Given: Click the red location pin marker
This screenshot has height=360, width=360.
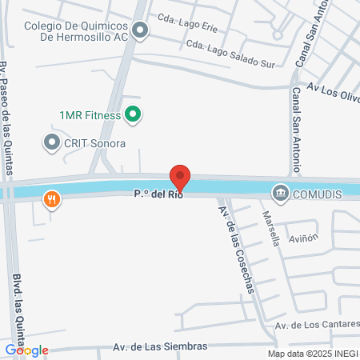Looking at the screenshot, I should click(x=181, y=177).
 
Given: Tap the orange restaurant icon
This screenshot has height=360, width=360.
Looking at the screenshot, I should click(x=52, y=199).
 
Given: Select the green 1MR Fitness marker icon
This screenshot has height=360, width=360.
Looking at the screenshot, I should click(x=134, y=115).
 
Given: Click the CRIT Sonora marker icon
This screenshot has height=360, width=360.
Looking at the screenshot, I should click(x=52, y=142).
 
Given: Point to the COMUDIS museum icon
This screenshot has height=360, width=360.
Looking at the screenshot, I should click(x=281, y=193).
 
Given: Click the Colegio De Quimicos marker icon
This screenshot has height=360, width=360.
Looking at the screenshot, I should click(x=141, y=31).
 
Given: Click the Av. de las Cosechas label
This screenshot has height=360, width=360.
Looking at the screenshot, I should click(x=236, y=249).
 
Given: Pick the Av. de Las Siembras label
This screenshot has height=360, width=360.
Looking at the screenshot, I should click(x=159, y=347).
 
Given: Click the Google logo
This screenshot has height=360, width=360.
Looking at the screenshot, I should click(x=26, y=350).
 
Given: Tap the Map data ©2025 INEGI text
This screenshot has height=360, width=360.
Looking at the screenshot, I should click(x=311, y=354).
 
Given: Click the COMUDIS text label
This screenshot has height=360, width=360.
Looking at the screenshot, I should click(x=318, y=193).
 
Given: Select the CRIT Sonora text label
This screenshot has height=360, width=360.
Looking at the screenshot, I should click(x=95, y=143).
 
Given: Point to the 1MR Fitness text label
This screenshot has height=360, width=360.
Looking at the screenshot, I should click(x=90, y=115).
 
